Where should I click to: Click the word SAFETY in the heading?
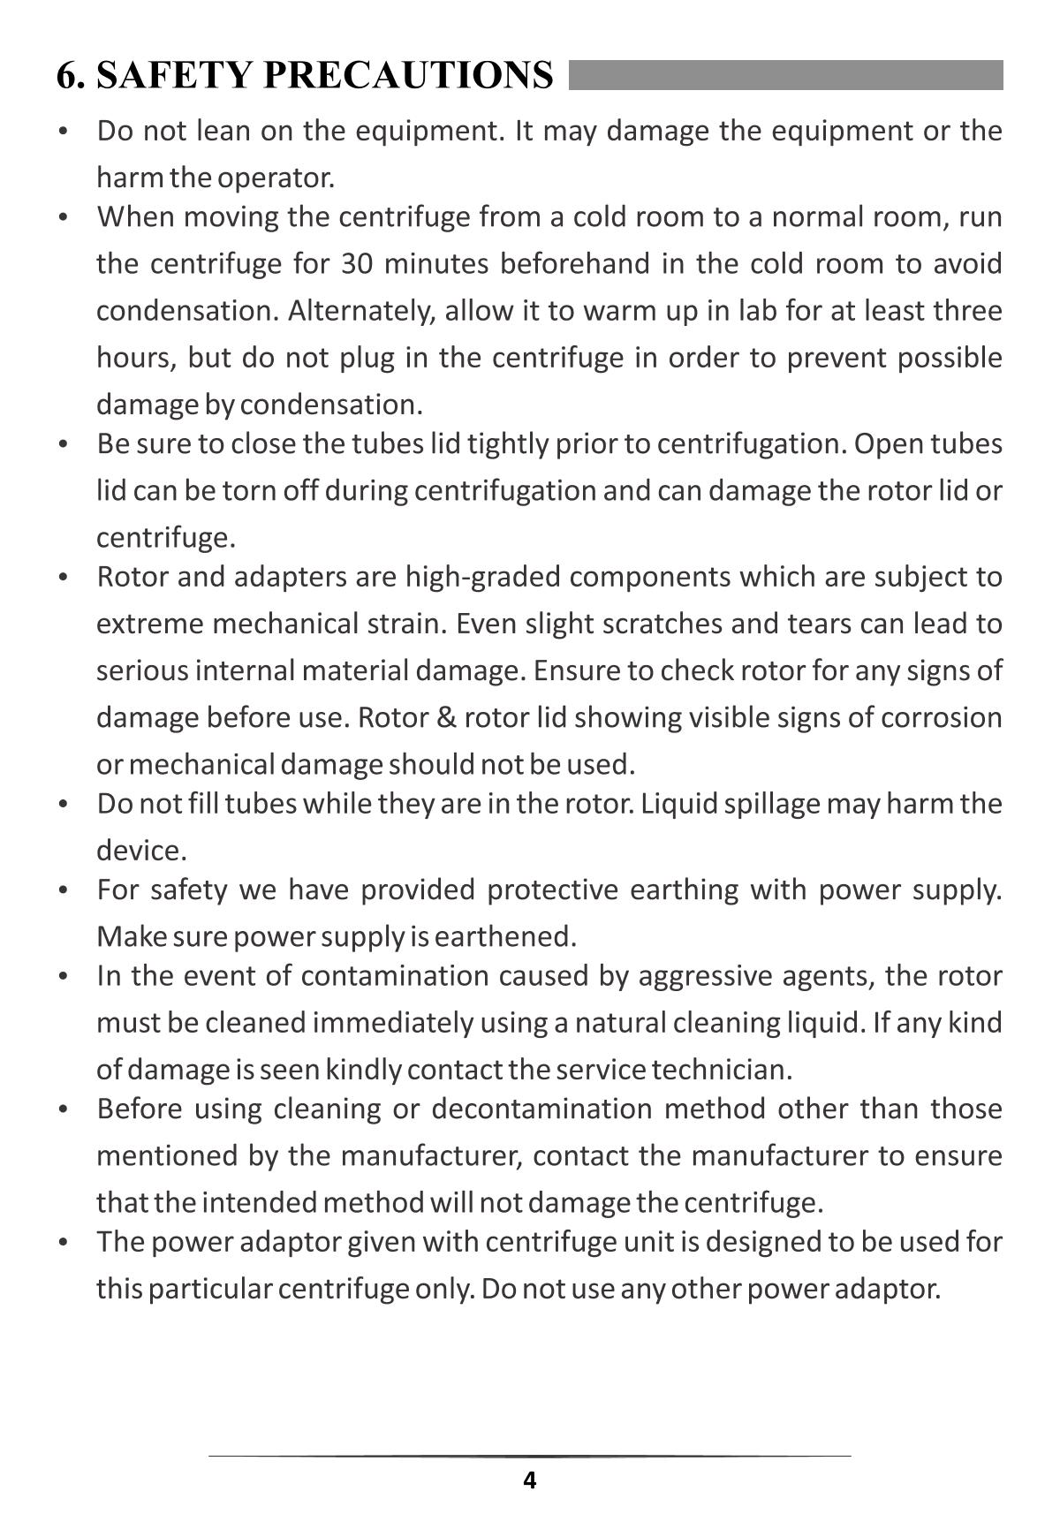173,75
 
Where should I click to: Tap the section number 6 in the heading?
66,75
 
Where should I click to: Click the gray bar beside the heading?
785,75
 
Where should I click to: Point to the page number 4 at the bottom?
529,1480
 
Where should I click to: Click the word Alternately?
361,311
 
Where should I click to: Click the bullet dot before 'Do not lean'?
63,132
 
